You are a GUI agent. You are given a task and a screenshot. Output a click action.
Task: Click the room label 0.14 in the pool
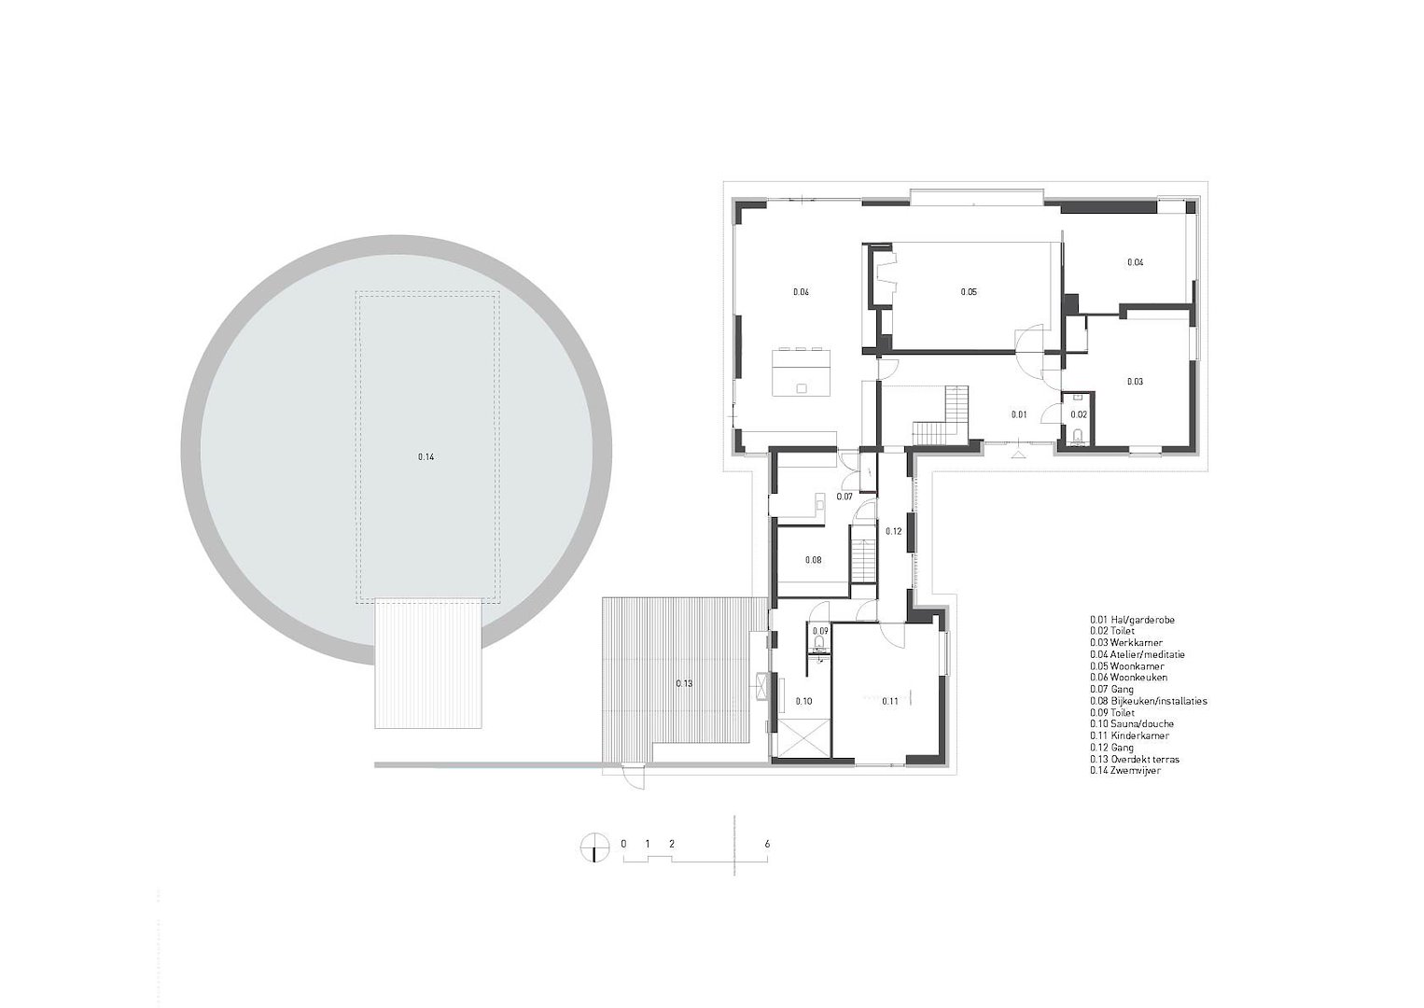coord(426,456)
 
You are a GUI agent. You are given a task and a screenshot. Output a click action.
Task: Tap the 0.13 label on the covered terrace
coord(684,683)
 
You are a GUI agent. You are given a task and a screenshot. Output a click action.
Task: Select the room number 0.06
coord(801,292)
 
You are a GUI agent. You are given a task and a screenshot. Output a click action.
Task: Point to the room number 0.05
coord(969,292)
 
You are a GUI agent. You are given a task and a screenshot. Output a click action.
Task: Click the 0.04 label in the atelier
coord(1136,262)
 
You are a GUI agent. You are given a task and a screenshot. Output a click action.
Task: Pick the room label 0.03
coord(1135,382)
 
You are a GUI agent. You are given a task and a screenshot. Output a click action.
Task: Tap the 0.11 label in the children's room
coord(890,701)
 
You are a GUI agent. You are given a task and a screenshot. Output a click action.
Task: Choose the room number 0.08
coord(813,560)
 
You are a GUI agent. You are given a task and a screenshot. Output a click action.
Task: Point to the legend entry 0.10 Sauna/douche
coord(1132,723)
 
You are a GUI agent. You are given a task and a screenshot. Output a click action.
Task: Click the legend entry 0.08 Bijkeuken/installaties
coord(1148,701)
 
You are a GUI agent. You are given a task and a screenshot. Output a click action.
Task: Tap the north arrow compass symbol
coord(593,847)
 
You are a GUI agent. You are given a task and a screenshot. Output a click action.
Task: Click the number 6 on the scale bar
coord(767,845)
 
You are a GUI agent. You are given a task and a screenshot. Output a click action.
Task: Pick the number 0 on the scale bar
coord(623,845)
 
